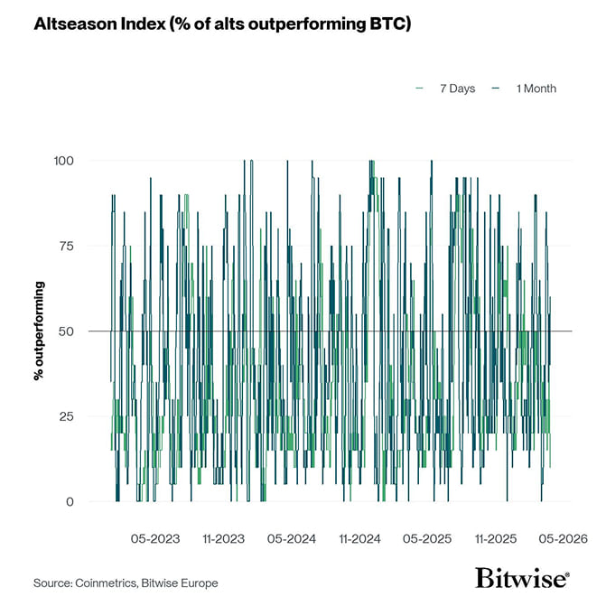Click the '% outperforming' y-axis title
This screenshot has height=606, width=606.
pyautogui.click(x=40, y=331)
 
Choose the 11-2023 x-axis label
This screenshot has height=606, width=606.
pyautogui.click(x=223, y=539)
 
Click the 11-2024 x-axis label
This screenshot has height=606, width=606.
pyautogui.click(x=359, y=539)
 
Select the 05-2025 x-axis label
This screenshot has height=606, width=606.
pyautogui.click(x=426, y=539)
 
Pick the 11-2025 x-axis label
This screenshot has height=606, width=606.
pyautogui.click(x=496, y=539)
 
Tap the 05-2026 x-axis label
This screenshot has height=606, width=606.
pyautogui.click(x=563, y=539)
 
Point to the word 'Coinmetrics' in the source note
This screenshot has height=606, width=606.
pyautogui.click(x=107, y=583)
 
